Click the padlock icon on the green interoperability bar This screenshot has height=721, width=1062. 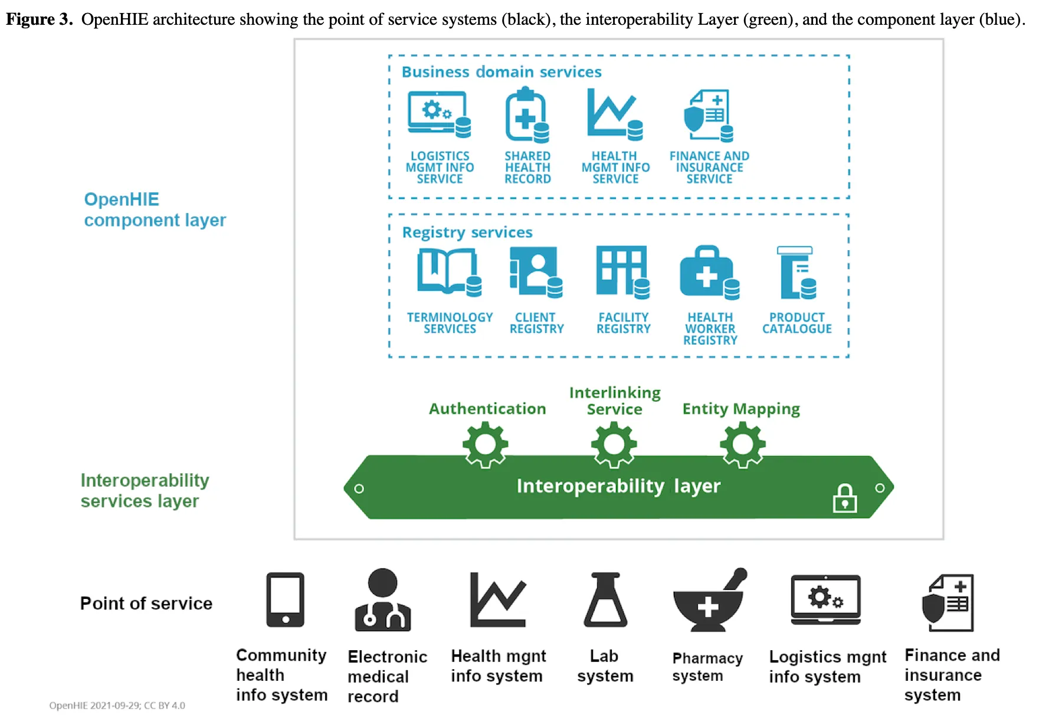pos(845,499)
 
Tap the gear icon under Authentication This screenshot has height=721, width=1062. pos(485,445)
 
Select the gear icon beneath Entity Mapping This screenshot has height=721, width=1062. pos(742,445)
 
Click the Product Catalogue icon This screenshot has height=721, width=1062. pos(797,273)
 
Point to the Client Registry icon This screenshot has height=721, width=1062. pos(535,272)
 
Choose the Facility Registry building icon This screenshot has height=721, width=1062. pos(622,272)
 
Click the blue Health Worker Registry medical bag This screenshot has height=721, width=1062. pos(709,273)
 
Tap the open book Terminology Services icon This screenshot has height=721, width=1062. pos(448,272)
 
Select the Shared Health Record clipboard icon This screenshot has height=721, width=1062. pos(526,115)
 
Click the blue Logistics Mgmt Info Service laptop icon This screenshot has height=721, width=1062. pos(439,114)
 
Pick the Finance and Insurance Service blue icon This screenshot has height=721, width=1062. pos(708,116)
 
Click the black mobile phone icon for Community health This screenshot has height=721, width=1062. pos(285,599)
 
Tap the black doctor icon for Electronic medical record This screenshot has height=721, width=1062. pos(382,600)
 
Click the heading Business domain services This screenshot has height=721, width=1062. pos(501,72)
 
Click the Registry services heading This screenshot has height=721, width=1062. pos(467,232)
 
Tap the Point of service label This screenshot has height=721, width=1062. pos(146,604)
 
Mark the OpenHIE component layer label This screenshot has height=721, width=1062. pos(155,209)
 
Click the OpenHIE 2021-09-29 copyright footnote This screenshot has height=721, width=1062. pos(117,706)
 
